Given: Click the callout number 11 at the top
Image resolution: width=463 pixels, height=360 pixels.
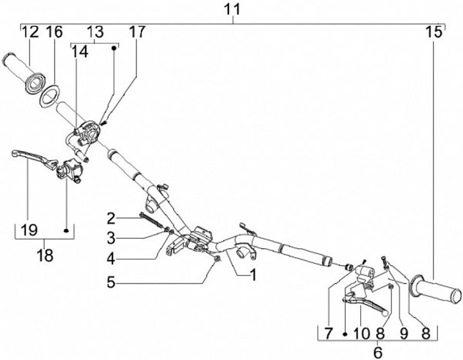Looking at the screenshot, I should (x=232, y=9).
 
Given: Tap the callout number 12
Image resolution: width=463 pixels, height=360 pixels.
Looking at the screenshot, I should (x=31, y=32).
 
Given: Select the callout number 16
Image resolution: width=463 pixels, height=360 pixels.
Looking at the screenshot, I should (x=54, y=32).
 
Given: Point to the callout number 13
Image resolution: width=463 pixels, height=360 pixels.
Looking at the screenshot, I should (x=94, y=32).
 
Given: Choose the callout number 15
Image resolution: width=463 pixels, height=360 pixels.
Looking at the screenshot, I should (x=434, y=32).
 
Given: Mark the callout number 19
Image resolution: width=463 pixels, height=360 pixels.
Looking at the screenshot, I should (x=28, y=230).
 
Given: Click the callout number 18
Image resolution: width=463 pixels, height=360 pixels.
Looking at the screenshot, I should (x=45, y=255).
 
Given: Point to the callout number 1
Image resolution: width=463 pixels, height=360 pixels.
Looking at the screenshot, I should (x=253, y=275).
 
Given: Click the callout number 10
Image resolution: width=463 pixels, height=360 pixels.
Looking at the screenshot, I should (x=359, y=333).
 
